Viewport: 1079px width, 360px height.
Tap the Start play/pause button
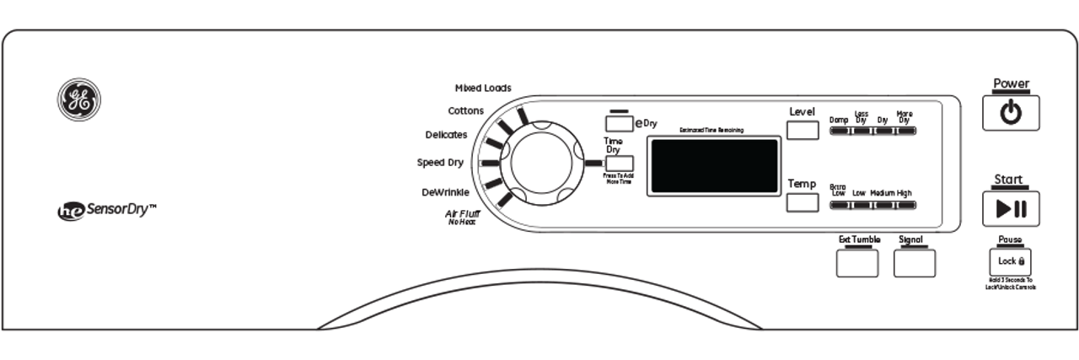(x=1011, y=209)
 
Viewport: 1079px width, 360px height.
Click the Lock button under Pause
(x=1011, y=261)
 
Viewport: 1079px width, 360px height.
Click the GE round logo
(x=78, y=99)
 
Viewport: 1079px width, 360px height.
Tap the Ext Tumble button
(x=856, y=263)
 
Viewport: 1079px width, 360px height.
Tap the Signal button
(x=915, y=263)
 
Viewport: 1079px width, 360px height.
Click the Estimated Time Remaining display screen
(x=712, y=166)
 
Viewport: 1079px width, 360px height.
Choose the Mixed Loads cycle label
(x=483, y=88)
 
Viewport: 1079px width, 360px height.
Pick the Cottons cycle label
(x=466, y=111)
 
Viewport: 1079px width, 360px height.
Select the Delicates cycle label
(x=447, y=135)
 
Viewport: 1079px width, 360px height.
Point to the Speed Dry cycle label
(x=440, y=163)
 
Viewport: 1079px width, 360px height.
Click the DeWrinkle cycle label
(x=445, y=192)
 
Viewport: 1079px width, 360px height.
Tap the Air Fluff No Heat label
(x=462, y=217)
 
